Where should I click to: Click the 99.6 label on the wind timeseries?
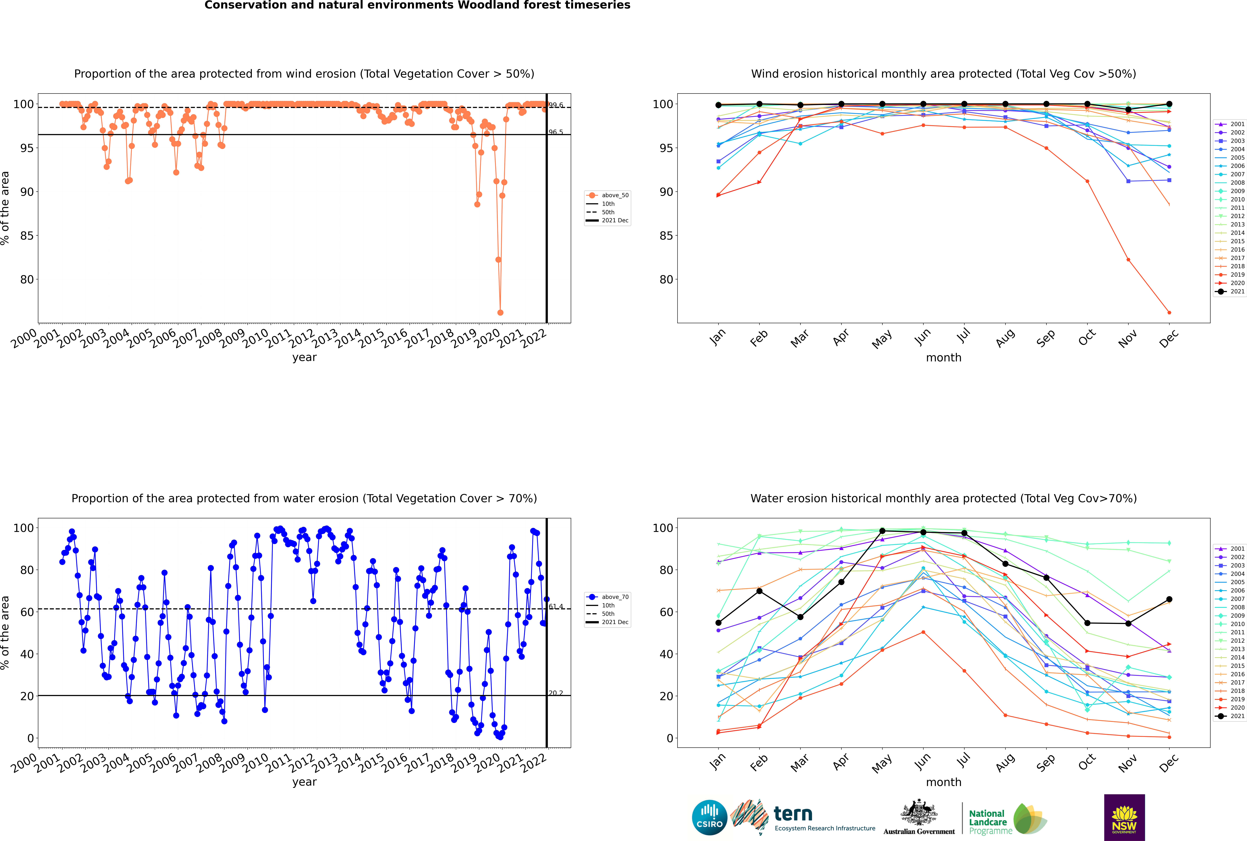click(x=556, y=105)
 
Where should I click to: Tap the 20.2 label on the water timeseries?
click(x=556, y=693)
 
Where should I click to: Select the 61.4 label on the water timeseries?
click(x=556, y=607)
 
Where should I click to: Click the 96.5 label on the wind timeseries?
click(x=556, y=132)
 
